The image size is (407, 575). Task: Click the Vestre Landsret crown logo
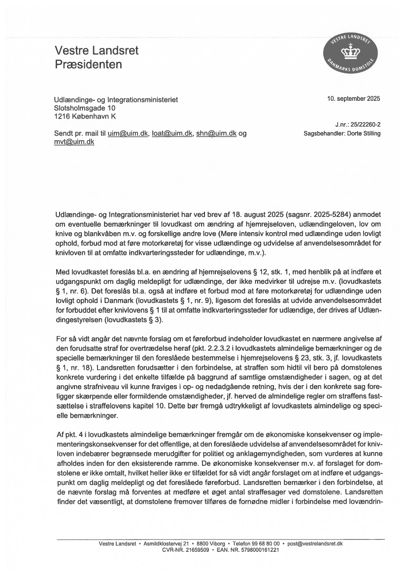pyautogui.click(x=351, y=54)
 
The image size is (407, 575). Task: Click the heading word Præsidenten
pyautogui.click(x=88, y=64)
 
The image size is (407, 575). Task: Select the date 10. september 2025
pyautogui.click(x=353, y=98)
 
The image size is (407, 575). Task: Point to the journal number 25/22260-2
pyautogui.click(x=365, y=126)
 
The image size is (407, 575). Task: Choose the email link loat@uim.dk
pyautogui.click(x=172, y=134)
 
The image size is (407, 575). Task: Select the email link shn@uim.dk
pyautogui.click(x=215, y=134)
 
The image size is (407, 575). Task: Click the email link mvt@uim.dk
pyautogui.click(x=74, y=142)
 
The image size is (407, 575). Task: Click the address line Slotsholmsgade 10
pyautogui.click(x=85, y=108)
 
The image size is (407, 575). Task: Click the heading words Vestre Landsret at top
pyautogui.click(x=97, y=51)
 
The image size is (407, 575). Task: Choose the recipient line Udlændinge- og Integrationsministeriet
pyautogui.click(x=116, y=99)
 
